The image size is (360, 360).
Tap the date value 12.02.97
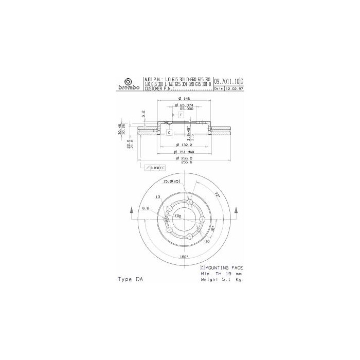pyautogui.click(x=235, y=88)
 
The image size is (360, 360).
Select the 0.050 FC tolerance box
pyautogui.click(x=154, y=168)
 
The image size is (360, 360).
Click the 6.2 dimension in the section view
pyautogui.click(x=143, y=114)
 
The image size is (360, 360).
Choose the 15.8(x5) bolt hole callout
pyautogui.click(x=171, y=182)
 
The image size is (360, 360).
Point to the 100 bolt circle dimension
pyautogui.click(x=177, y=216)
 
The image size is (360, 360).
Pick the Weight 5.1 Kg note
pyautogui.click(x=222, y=280)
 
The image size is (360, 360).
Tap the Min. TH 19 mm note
pyautogui.click(x=221, y=274)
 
